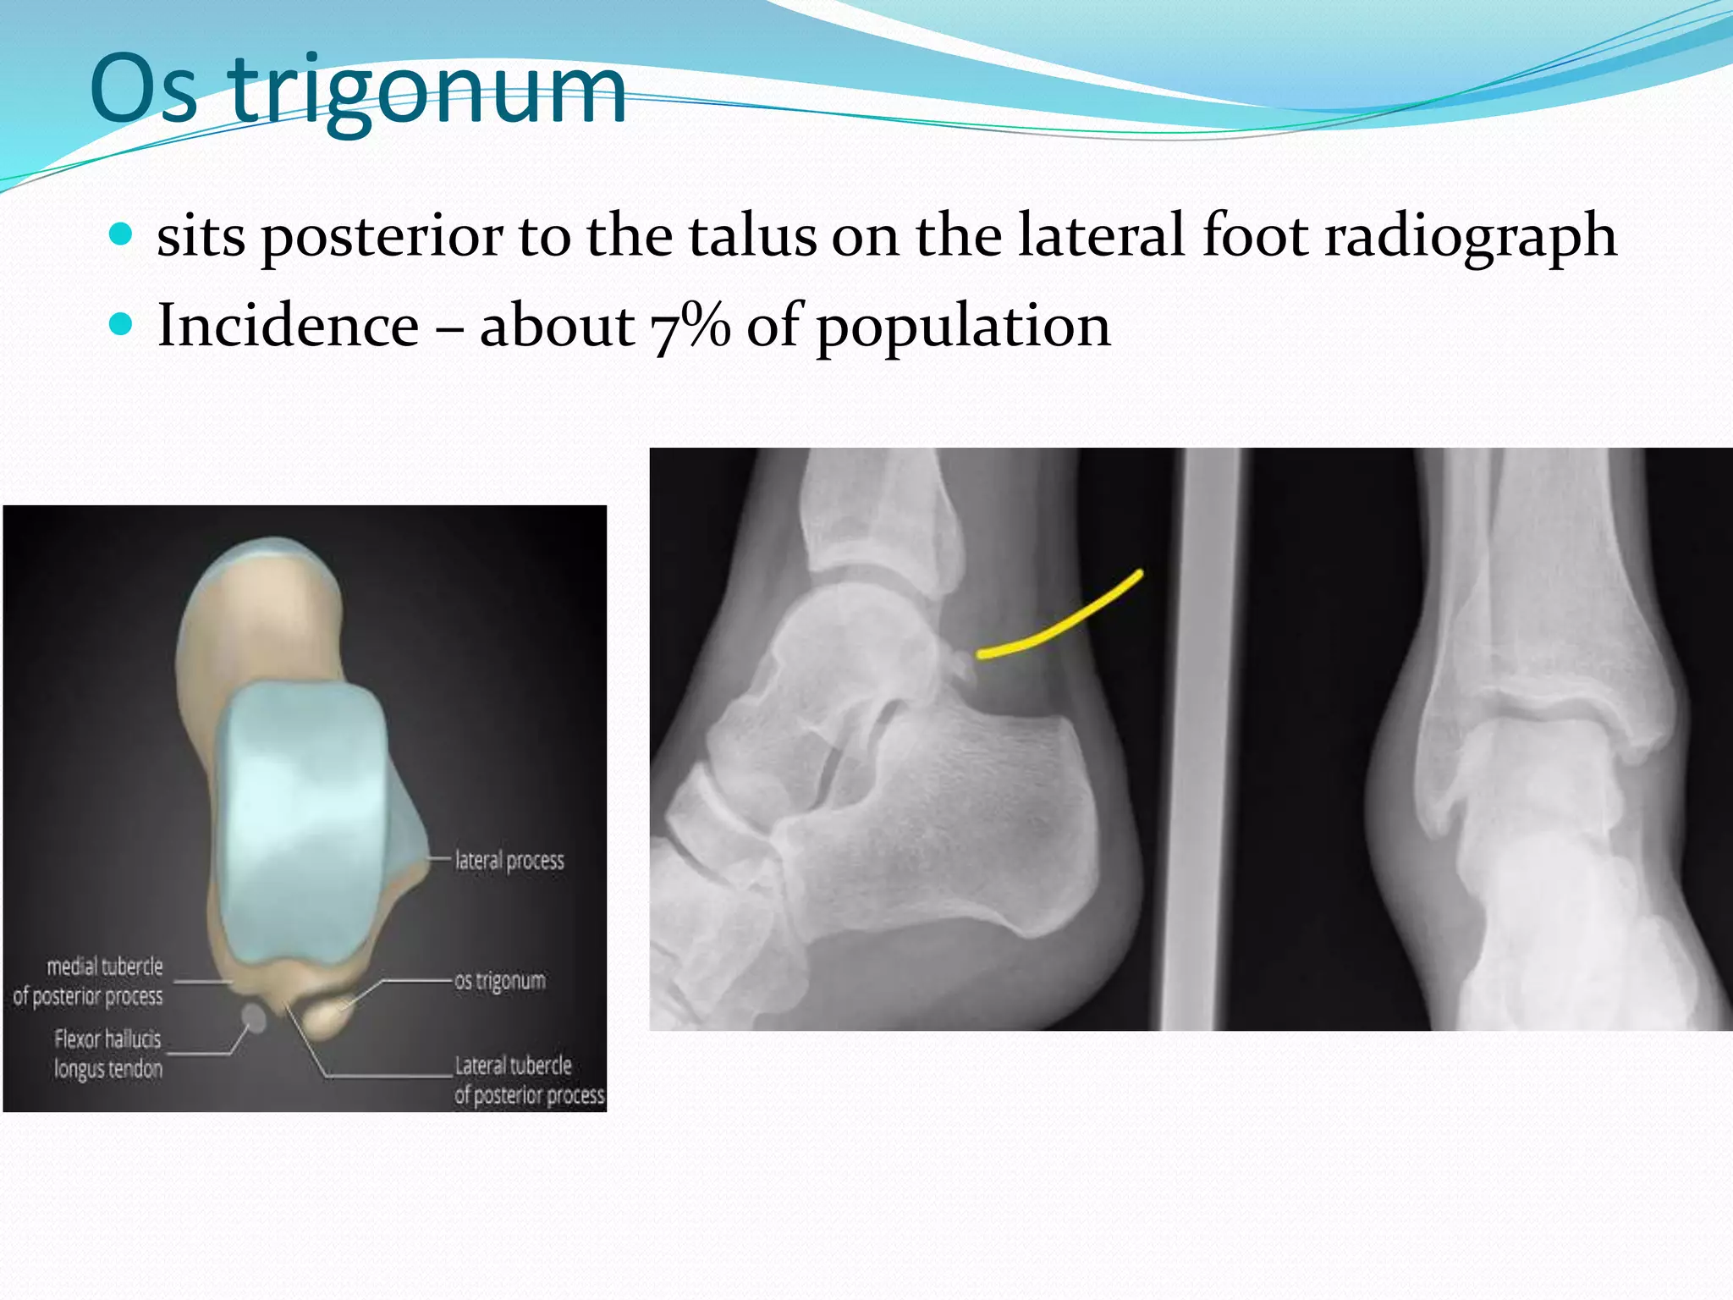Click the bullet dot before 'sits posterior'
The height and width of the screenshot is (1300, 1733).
click(122, 234)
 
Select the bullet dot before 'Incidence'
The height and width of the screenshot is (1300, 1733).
click(122, 324)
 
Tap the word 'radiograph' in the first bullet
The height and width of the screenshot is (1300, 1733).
click(1470, 237)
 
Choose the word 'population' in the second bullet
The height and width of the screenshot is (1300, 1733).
click(962, 328)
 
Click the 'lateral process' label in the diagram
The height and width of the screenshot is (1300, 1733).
click(509, 861)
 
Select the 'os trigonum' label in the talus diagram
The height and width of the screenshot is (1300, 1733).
click(500, 981)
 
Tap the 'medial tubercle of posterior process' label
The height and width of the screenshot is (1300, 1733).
click(88, 982)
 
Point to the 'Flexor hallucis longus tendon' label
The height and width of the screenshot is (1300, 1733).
click(107, 1054)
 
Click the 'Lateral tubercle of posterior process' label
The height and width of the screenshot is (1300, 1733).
click(529, 1080)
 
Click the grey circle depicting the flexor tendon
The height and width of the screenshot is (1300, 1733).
click(254, 1018)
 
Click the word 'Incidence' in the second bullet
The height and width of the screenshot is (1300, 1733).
click(288, 326)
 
